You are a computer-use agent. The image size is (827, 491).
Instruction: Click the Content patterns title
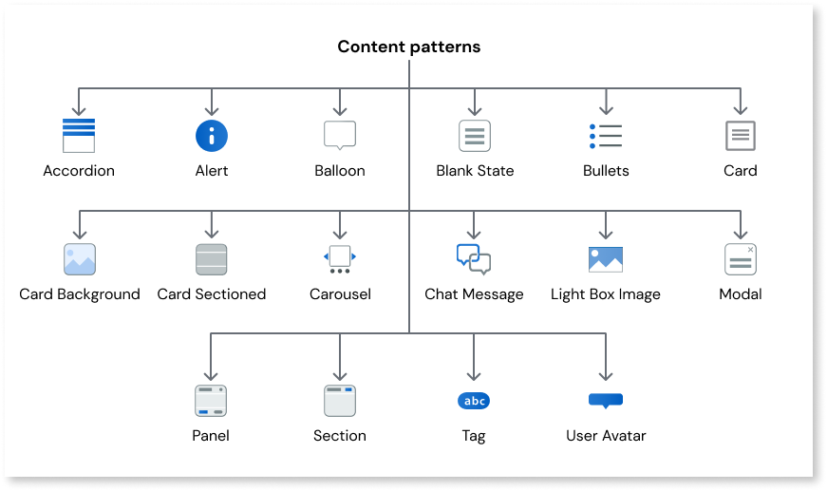tap(409, 47)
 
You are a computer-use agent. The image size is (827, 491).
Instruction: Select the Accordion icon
tap(79, 136)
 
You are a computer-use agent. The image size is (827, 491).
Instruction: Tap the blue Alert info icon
tap(212, 136)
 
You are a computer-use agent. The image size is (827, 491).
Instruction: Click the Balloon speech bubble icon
tap(340, 135)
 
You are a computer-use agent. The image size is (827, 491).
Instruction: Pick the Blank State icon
tap(475, 136)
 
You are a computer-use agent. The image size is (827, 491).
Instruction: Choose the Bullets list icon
tap(606, 136)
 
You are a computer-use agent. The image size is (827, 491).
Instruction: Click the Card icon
tap(741, 136)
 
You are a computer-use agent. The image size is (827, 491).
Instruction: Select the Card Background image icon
tap(80, 259)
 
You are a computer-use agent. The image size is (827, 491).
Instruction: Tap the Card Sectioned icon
tap(211, 259)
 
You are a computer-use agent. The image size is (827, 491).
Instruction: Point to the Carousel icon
tap(340, 258)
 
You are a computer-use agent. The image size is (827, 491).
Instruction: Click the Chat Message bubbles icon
tap(474, 259)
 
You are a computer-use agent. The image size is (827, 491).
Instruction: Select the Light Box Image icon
tap(606, 259)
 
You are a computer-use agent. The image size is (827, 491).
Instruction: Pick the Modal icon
tap(741, 259)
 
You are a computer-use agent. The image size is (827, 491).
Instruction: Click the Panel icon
tap(210, 401)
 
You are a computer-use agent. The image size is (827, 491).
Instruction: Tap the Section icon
tap(339, 401)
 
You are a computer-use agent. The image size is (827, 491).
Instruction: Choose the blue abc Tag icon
tap(474, 401)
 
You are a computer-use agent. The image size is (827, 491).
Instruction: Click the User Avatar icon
tap(606, 400)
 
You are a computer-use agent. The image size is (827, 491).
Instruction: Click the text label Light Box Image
tap(606, 294)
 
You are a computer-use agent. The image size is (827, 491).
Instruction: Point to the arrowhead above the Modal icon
tap(741, 233)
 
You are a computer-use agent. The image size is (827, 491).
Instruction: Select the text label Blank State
tap(475, 171)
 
